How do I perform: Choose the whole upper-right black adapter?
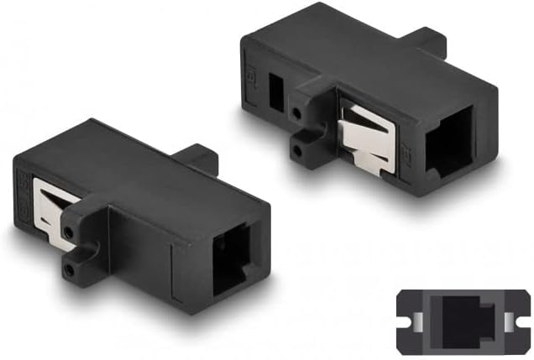(x=369, y=101)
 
